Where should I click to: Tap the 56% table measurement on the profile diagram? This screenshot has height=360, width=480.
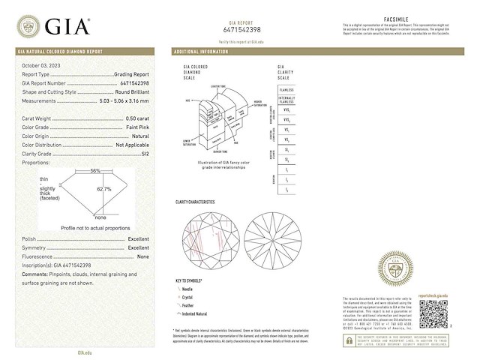pyautogui.click(x=95, y=171)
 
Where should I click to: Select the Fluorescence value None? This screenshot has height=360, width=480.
pyautogui.click(x=144, y=256)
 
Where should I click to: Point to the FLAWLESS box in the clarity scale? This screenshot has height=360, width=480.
pyautogui.click(x=286, y=89)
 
